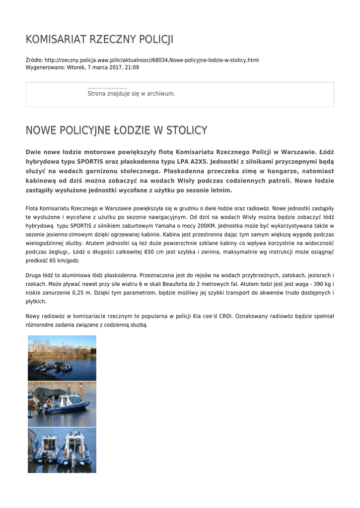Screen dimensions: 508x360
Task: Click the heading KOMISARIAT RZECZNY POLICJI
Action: (x=99, y=40)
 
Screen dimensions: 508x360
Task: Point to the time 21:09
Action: (x=133, y=67)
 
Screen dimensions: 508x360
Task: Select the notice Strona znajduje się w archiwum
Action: (x=131, y=93)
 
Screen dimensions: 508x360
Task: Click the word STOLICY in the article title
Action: (x=186, y=130)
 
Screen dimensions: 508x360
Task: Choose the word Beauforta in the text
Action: (x=181, y=284)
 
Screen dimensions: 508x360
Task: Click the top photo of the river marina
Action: (x=62, y=358)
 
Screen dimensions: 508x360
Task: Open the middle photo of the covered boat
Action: (x=62, y=404)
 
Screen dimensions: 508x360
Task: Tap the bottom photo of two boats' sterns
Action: (x=62, y=450)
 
